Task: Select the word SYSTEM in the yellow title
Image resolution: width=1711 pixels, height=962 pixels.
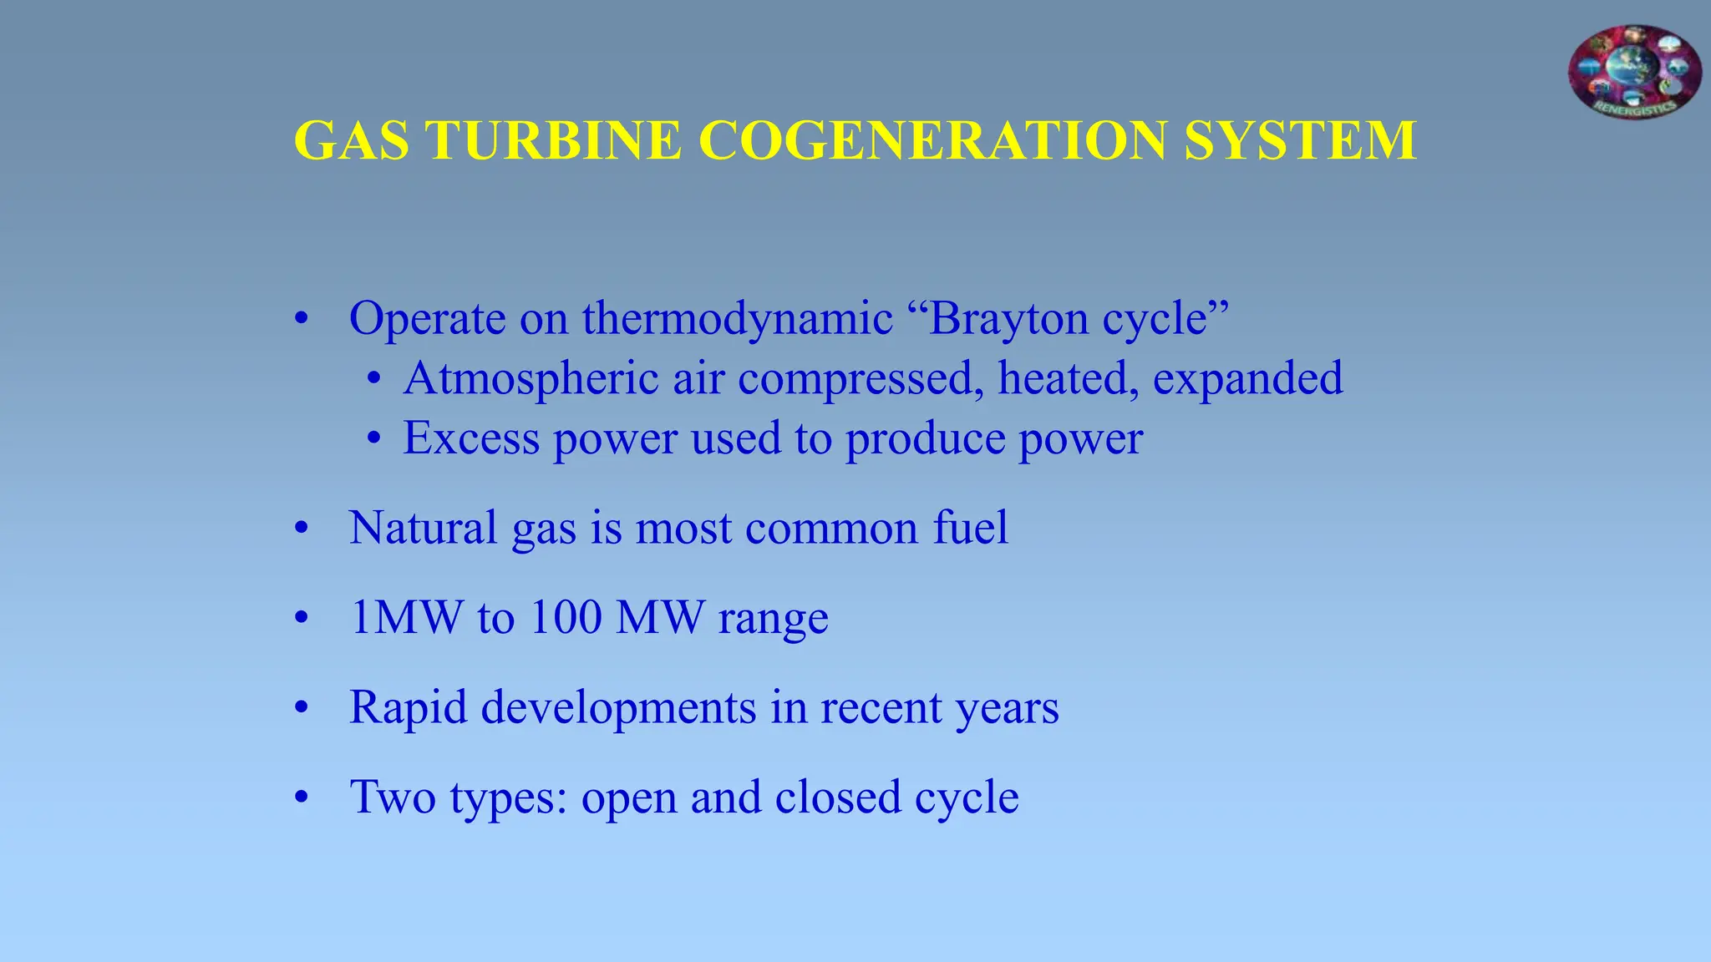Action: point(1300,140)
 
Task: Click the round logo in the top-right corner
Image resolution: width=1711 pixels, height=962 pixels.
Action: point(1634,73)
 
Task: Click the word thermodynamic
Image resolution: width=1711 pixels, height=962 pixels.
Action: point(737,318)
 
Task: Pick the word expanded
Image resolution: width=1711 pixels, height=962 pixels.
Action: point(1247,378)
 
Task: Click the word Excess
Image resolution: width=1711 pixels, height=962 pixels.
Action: point(471,438)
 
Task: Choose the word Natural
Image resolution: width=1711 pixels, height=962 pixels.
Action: point(424,528)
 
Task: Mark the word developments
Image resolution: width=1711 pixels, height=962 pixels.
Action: point(619,708)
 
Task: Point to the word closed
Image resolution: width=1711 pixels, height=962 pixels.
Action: point(838,797)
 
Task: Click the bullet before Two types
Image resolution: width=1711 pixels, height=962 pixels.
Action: point(302,798)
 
